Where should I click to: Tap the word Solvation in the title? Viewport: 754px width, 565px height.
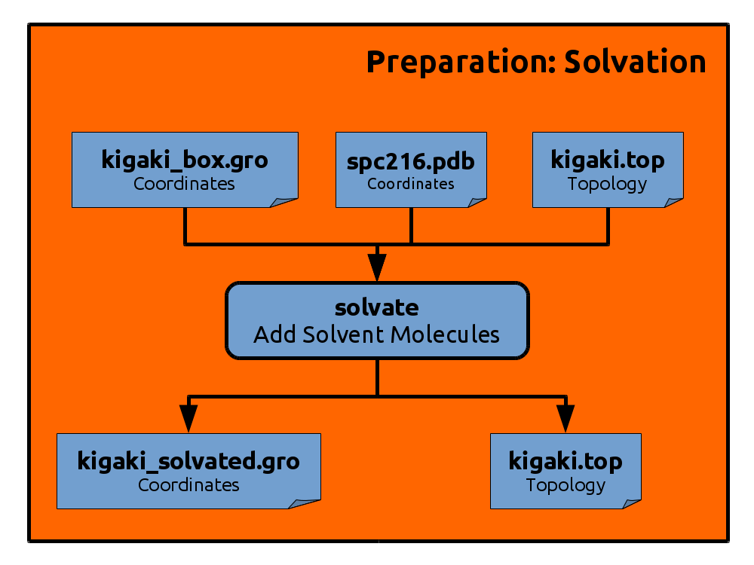click(x=635, y=62)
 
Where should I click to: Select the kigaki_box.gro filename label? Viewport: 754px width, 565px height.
click(x=185, y=160)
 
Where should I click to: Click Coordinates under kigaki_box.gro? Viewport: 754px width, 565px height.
click(x=184, y=184)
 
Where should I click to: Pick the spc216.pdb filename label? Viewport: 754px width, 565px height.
click(x=411, y=161)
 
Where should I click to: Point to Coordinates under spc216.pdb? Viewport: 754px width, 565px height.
click(x=411, y=184)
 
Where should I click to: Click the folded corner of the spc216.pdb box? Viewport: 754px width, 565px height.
click(x=477, y=202)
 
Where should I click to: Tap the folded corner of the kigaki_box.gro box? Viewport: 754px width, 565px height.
click(x=284, y=202)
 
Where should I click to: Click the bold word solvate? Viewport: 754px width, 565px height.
click(x=377, y=307)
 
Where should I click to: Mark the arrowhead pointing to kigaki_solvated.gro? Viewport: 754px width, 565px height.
click(x=188, y=418)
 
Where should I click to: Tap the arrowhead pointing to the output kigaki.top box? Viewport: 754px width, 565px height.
click(x=565, y=418)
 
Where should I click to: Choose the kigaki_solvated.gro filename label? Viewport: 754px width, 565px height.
click(x=188, y=461)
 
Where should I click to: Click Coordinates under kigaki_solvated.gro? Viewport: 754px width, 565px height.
click(x=188, y=484)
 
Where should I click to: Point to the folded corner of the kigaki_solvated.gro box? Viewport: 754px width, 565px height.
click(x=304, y=503)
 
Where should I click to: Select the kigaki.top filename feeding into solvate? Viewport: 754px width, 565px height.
click(x=608, y=160)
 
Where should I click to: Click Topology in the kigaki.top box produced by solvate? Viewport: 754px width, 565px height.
click(x=565, y=485)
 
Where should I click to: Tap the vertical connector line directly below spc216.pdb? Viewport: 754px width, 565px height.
click(x=411, y=226)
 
